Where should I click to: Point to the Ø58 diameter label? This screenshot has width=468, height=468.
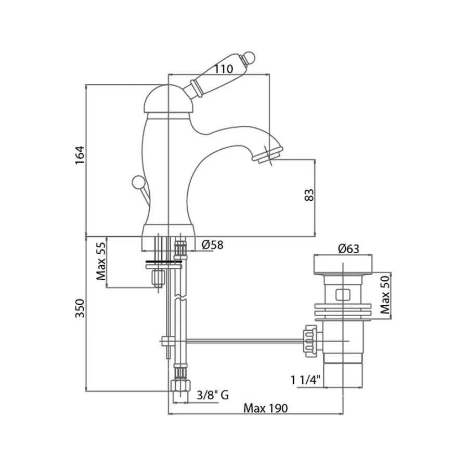point(211,244)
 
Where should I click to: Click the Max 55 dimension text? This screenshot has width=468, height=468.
point(101,262)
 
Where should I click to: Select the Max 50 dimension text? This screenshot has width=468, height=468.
point(385,295)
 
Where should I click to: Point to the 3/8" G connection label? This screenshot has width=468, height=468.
point(213,396)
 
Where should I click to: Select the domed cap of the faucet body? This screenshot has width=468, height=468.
point(168,99)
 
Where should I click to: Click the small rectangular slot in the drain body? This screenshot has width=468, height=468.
point(343,295)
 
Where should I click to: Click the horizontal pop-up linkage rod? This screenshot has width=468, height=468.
point(239,341)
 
